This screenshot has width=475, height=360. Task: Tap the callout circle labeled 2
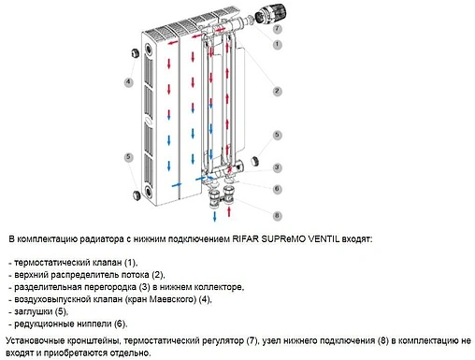click(x=277, y=91)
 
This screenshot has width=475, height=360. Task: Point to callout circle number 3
click(x=277, y=167)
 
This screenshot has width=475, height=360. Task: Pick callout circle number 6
click(x=277, y=189)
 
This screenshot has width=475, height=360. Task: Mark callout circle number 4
click(x=128, y=82)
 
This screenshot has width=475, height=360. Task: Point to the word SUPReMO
click(x=314, y=239)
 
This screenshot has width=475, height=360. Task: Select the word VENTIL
click(x=356, y=239)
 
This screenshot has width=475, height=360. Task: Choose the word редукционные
click(x=47, y=323)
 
